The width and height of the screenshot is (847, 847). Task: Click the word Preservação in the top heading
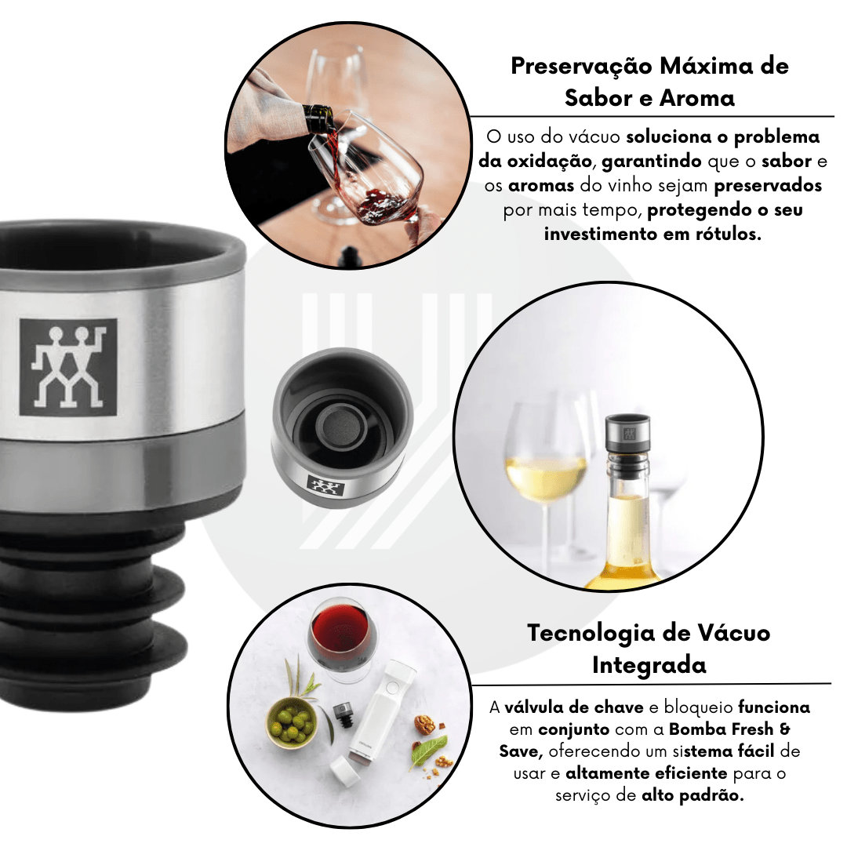[x=580, y=67]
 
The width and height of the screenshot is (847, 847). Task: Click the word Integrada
[x=649, y=665]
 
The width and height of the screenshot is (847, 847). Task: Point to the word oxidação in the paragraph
[x=549, y=161]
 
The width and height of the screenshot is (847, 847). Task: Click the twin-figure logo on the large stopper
[x=68, y=367]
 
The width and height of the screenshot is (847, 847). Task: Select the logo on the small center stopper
[x=325, y=485]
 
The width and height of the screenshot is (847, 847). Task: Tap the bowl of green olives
[x=292, y=723]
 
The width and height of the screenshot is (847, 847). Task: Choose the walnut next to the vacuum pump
[x=425, y=725]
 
